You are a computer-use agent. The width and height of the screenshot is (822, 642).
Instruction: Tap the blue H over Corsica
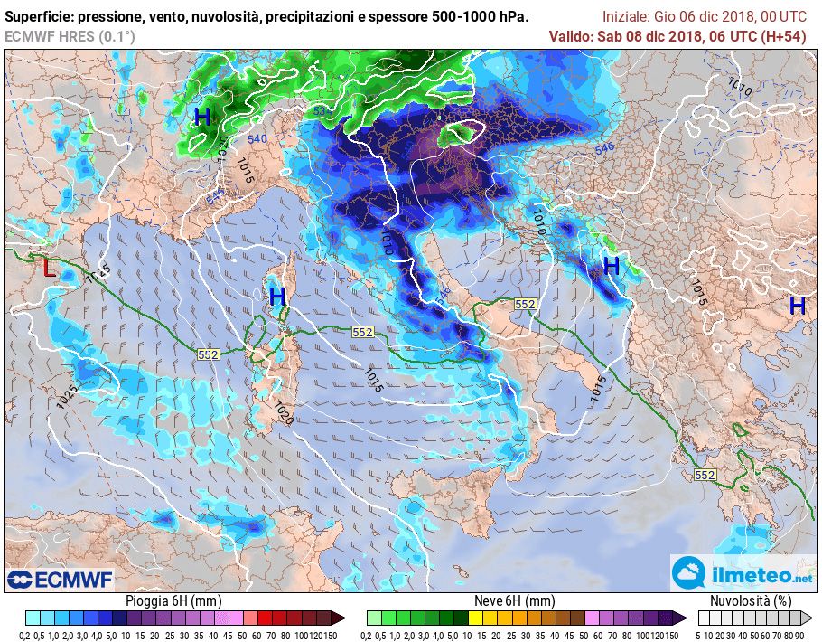tap(277, 297)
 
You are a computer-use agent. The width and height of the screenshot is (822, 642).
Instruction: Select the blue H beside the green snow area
tap(202, 117)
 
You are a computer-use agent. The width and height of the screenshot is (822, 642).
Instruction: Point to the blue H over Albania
tap(612, 266)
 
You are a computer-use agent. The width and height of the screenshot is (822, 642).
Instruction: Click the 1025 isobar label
tap(65, 396)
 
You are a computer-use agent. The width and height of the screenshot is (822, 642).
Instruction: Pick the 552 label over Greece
tap(705, 475)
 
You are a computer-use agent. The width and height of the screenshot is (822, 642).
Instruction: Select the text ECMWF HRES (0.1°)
tap(70, 36)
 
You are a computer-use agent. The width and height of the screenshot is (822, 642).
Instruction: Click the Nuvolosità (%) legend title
tap(751, 601)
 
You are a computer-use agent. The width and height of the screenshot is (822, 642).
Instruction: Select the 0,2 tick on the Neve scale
tap(369, 635)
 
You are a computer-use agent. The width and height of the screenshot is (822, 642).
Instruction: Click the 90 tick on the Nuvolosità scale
tap(800, 635)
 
